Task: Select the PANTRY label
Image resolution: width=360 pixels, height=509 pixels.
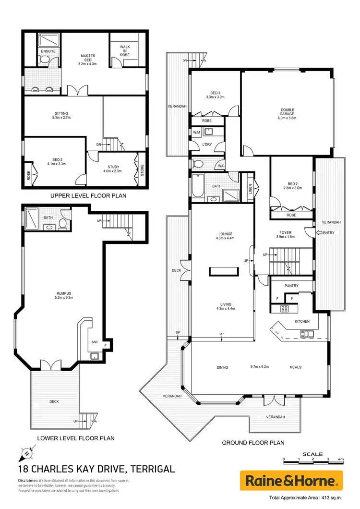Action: point(291,286)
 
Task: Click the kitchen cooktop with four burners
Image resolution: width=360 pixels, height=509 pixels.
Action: point(284,309)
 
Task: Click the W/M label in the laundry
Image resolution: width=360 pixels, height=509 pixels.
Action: point(196,132)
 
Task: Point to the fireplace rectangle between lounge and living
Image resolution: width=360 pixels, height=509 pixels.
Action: point(223,271)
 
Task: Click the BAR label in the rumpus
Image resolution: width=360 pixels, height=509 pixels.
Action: point(95,342)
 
